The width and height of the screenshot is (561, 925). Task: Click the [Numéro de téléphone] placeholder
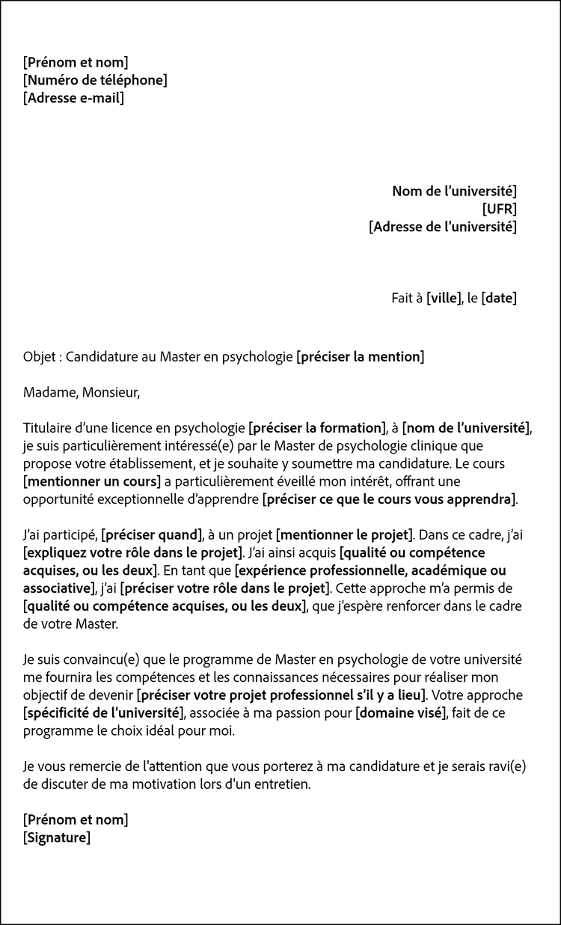coord(95,80)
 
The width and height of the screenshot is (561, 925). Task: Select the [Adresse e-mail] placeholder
coord(73,98)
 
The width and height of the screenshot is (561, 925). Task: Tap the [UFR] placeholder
coord(499,209)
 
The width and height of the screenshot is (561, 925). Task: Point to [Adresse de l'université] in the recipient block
coord(442,227)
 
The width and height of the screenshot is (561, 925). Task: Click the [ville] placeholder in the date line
coord(443,298)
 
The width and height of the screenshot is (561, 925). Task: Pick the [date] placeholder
coord(499,298)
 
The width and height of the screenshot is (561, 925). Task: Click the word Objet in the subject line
coord(40,357)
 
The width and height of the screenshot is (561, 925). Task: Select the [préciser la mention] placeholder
coord(360,357)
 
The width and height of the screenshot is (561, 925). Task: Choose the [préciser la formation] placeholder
coord(316,428)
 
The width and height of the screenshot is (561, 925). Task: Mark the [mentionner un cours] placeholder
coord(93,481)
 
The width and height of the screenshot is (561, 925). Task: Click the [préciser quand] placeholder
coord(152,535)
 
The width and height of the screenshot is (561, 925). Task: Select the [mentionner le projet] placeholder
coord(345,535)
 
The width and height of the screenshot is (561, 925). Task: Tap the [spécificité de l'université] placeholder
coord(102,712)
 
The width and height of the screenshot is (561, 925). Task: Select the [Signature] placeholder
coord(57,837)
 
